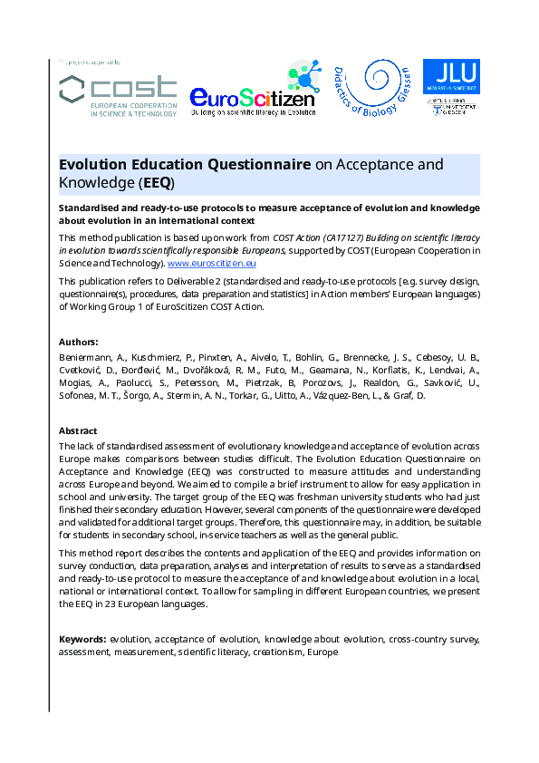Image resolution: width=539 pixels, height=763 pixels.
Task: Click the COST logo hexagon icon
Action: [x=73, y=90]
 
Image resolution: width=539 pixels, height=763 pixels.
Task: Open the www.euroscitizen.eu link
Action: [x=211, y=263]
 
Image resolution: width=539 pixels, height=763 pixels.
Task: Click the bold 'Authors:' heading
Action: [x=79, y=342]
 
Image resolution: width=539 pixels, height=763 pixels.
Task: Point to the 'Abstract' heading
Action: [x=78, y=431]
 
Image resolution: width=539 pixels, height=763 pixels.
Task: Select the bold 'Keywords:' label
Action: [x=82, y=639]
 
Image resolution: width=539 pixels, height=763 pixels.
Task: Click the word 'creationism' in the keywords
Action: [x=277, y=652]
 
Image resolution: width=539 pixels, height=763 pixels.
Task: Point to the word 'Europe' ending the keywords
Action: [x=322, y=652]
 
